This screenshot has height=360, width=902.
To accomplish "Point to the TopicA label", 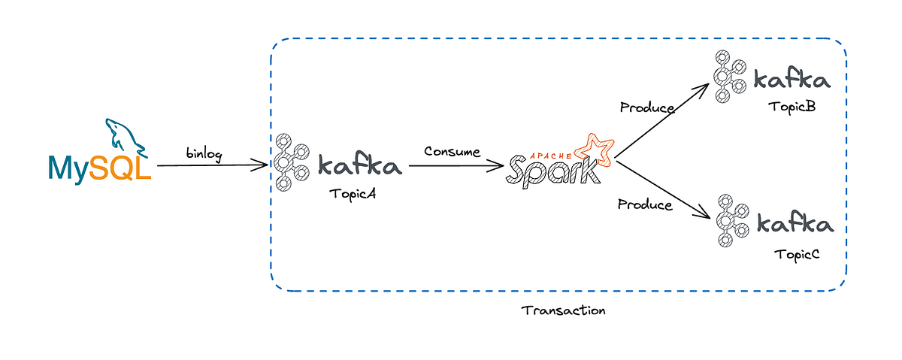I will point(352,193).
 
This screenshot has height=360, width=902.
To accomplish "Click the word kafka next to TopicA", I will point(360,165).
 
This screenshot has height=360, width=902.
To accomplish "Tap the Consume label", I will point(452,151).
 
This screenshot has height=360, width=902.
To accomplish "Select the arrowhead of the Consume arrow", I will point(503,164).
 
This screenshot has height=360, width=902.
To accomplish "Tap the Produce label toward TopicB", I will point(646,107).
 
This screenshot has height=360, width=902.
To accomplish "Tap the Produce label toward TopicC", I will point(645,204).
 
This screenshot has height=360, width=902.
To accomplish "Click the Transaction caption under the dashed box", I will point(563,310).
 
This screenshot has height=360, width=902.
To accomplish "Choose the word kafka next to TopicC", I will point(795,225).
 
